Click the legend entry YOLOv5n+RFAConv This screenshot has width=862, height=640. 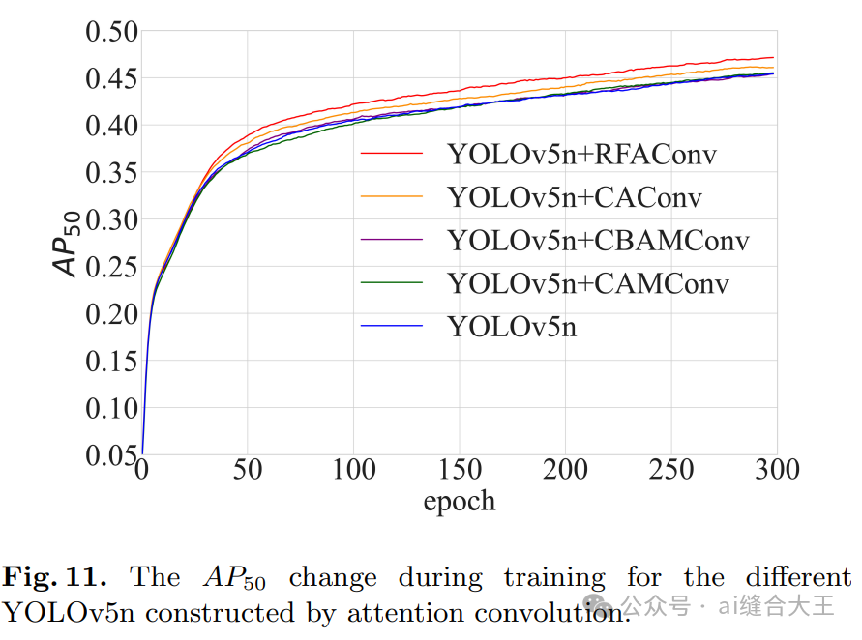click(581, 154)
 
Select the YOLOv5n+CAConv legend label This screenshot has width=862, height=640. click(574, 197)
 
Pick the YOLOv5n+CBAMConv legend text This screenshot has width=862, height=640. click(598, 240)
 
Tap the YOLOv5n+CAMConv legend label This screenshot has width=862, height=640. click(587, 283)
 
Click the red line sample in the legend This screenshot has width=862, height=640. click(392, 154)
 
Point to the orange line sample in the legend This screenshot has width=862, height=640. click(392, 197)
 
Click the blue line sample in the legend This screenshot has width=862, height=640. click(392, 327)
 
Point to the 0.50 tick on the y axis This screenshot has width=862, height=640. click(111, 32)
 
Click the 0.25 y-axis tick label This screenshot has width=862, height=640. click(111, 267)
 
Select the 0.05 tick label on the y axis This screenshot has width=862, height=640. click(111, 454)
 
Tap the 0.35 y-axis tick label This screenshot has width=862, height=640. click(111, 173)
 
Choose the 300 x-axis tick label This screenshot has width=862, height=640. click(776, 471)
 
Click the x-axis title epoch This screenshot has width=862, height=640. click(459, 501)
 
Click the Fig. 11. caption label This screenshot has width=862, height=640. click(54, 578)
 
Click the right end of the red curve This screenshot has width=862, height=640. click(772, 58)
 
